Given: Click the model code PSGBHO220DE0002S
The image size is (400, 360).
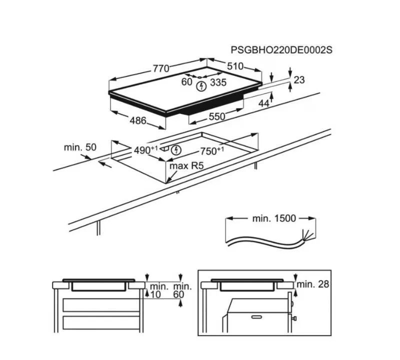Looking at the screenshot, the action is click(x=281, y=50).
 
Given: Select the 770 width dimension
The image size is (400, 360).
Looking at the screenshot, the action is click(x=161, y=68).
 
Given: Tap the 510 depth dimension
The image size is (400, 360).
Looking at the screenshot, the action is click(x=235, y=66).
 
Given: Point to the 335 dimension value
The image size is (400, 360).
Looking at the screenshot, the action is click(x=218, y=82).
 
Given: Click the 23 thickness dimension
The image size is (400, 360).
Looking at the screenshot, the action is click(x=299, y=80).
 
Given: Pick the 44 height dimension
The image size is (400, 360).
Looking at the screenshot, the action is click(x=264, y=103).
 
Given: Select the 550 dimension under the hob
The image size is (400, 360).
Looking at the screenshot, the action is click(x=217, y=116).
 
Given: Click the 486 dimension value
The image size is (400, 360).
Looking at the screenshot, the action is click(x=138, y=120).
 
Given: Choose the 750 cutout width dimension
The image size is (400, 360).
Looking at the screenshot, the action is click(x=211, y=151).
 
